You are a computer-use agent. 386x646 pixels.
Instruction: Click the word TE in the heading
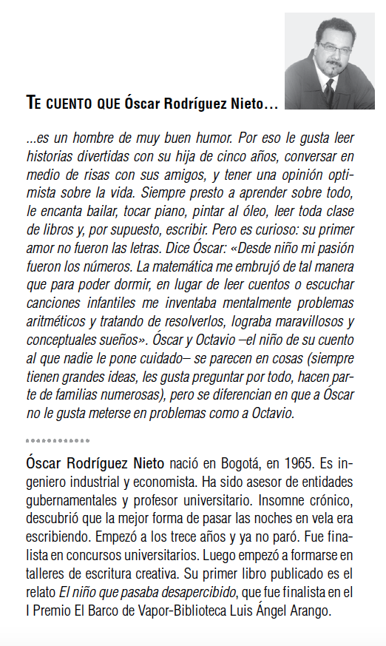[33, 104]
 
